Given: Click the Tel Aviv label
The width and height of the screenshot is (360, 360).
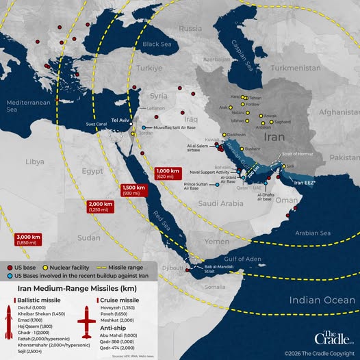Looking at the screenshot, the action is (x=119, y=120).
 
